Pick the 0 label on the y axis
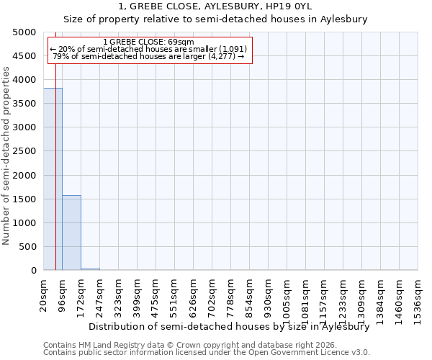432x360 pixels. click(x=33, y=271)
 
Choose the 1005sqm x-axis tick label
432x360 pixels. click(x=287, y=296)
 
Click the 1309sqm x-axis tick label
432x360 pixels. click(x=362, y=296)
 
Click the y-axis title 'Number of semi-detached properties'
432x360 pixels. click(x=7, y=156)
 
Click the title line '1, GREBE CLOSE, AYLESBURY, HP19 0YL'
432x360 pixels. click(x=215, y=7)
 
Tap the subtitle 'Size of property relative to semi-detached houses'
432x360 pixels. click(x=215, y=19)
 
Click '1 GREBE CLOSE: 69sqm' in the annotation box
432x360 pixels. click(x=148, y=42)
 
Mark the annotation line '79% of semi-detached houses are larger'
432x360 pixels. click(x=148, y=56)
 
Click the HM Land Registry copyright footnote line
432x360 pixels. click(x=194, y=345)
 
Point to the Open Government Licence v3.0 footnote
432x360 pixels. click(x=207, y=353)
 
